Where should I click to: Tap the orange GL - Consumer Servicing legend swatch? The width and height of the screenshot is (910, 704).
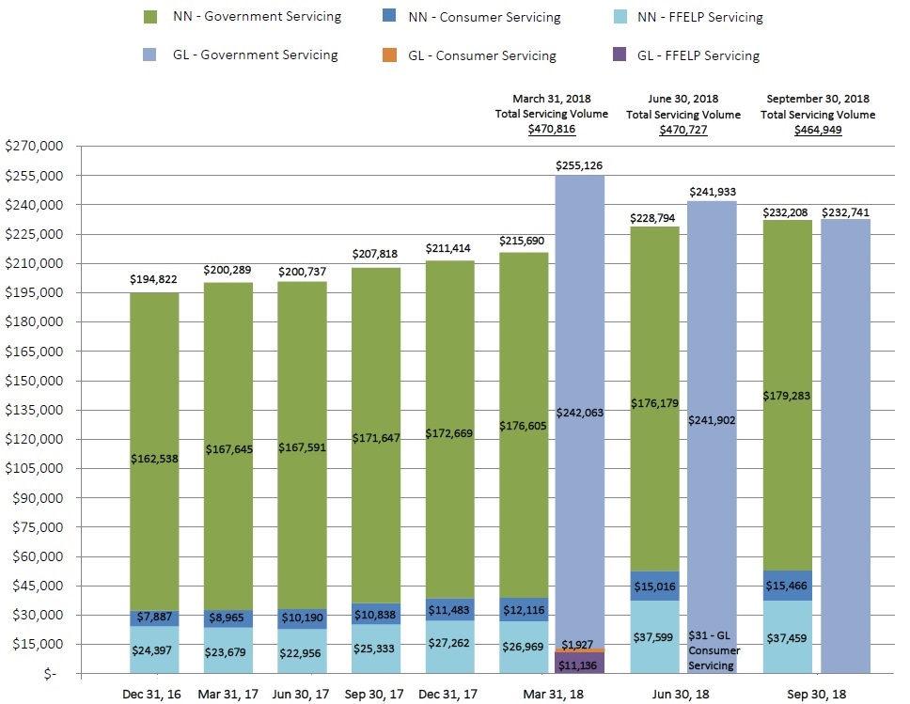click(388, 55)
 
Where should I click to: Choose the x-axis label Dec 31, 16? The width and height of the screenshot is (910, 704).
click(154, 693)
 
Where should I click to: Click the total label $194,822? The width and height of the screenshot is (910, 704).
click(154, 279)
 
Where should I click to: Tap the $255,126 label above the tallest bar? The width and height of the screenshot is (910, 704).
click(580, 165)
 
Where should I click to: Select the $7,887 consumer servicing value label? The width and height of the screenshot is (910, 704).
click(155, 618)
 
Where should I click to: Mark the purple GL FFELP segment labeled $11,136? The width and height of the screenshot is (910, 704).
click(580, 665)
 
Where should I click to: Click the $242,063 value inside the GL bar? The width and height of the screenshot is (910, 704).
click(580, 412)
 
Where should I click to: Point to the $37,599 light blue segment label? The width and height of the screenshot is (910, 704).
click(654, 636)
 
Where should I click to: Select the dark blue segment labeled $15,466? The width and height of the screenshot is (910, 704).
click(788, 585)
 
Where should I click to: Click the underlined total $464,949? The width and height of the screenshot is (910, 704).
click(817, 130)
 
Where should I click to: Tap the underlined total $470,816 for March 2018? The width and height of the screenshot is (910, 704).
click(552, 130)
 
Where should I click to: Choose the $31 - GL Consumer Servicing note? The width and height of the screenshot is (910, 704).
click(714, 649)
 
